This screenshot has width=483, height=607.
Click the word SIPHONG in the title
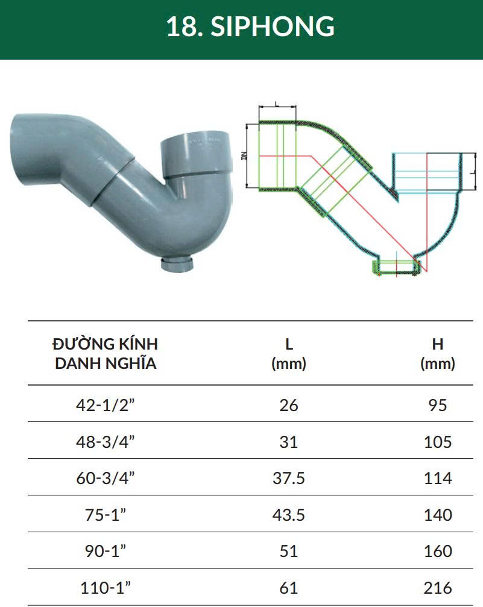[273, 27]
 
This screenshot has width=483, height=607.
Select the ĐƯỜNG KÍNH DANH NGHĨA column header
[106, 353]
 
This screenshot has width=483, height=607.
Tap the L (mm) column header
[289, 353]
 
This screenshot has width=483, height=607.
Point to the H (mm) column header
[438, 353]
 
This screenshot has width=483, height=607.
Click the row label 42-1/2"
[106, 405]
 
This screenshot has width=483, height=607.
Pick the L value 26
[289, 405]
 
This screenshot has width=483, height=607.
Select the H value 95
[438, 405]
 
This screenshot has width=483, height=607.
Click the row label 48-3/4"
[106, 442]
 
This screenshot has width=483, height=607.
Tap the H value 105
[438, 442]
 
